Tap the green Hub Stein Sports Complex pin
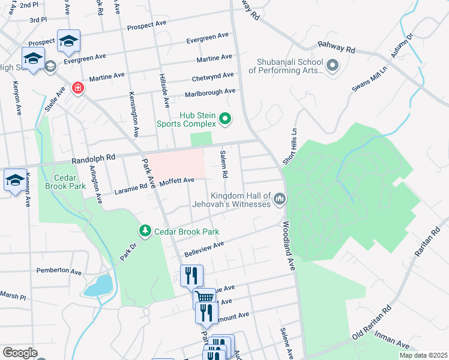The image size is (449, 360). pos(225,119)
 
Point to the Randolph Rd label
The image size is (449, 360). pos(93,158)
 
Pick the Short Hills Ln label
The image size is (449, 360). pos(294,142)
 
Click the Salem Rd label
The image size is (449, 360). pos(223,164)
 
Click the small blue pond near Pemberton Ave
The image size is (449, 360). pos(98,286)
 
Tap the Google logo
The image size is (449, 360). pos(20,353)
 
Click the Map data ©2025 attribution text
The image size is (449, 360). pos(423,355)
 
